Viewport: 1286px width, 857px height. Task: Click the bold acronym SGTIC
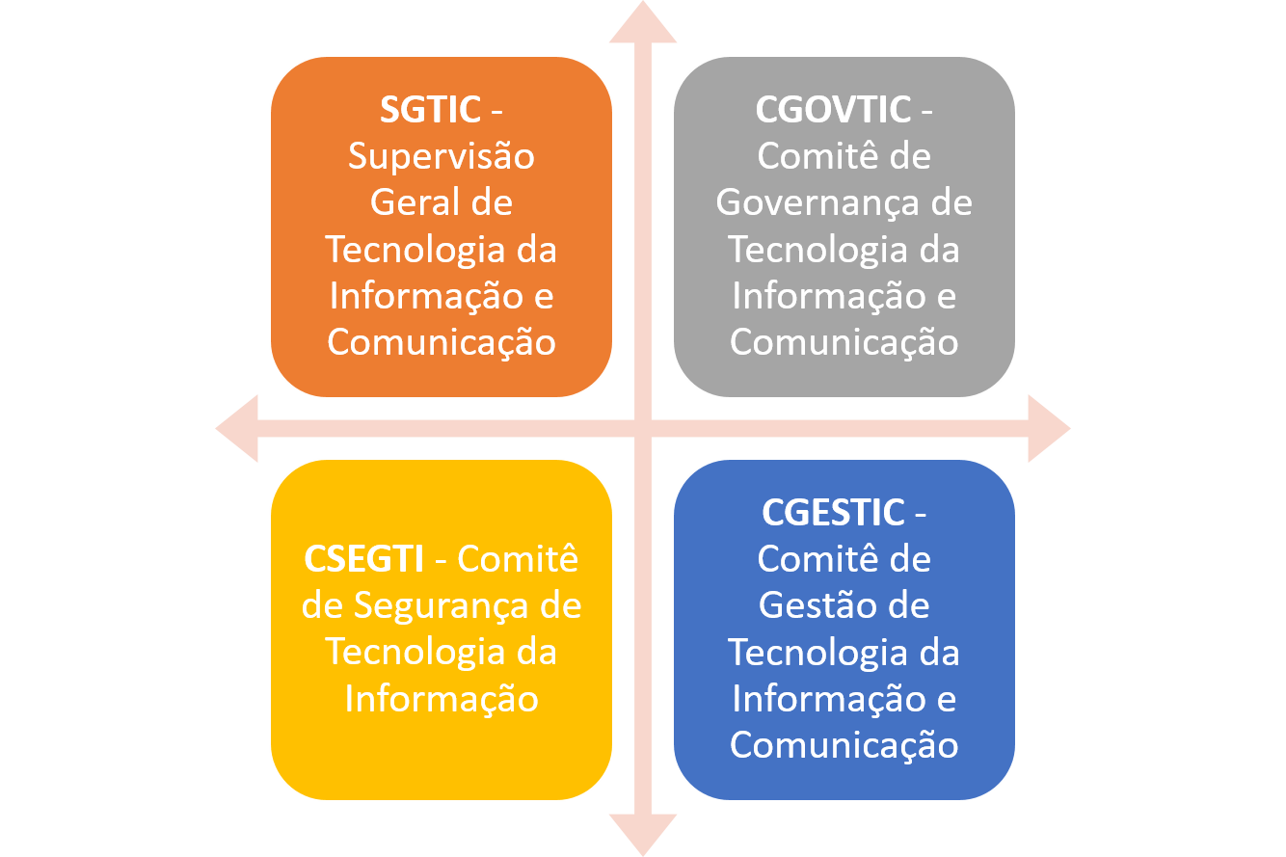coord(430,109)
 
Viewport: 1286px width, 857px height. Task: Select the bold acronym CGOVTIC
coord(833,109)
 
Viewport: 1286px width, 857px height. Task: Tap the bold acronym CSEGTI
coord(364,558)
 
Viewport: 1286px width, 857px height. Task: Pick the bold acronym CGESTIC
coord(833,512)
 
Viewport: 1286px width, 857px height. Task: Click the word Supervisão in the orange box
coord(442,157)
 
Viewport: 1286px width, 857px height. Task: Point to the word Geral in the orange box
coord(407,202)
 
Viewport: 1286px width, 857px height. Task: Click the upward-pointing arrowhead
coord(643,23)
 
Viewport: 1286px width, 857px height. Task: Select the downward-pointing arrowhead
coord(643,835)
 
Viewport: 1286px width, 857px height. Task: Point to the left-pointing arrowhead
coord(236,428)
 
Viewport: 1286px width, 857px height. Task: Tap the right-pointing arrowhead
coord(1050,428)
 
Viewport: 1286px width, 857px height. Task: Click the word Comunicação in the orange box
coord(442,342)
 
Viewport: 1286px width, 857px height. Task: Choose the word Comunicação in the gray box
coord(844,342)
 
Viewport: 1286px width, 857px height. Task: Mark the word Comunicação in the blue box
coord(844,745)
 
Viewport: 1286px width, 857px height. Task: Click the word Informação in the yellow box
coord(442,699)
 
